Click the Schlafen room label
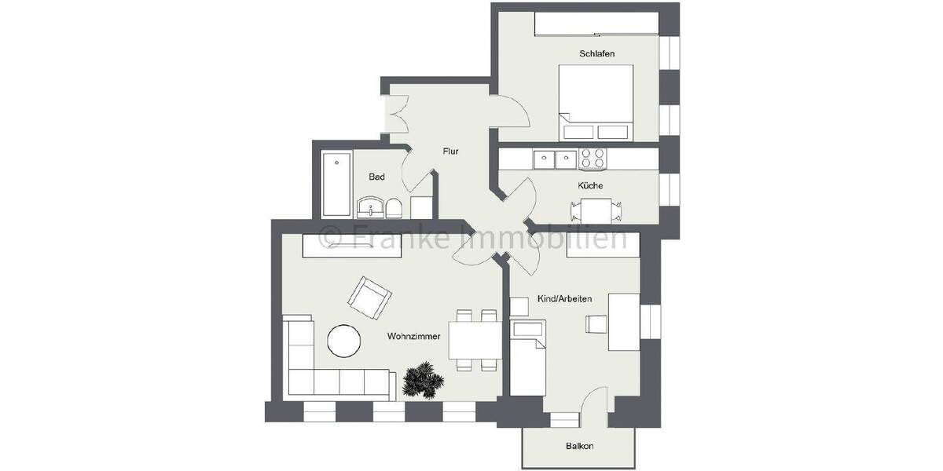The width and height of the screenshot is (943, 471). [596, 53]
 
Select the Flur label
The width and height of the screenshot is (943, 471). [450, 152]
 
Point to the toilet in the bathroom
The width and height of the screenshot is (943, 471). [396, 209]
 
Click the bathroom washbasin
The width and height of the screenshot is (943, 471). [369, 208]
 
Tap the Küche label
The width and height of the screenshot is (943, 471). [590, 186]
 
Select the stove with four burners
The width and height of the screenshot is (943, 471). [592, 159]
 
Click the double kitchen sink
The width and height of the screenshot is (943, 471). [555, 159]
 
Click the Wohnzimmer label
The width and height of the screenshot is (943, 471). [413, 336]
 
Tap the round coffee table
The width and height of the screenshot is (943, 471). [343, 341]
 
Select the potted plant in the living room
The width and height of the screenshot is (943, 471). [424, 380]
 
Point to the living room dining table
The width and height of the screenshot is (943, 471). [475, 340]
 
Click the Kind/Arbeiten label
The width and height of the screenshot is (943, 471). [564, 300]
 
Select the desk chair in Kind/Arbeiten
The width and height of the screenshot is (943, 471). [596, 323]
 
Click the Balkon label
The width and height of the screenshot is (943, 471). [579, 446]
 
